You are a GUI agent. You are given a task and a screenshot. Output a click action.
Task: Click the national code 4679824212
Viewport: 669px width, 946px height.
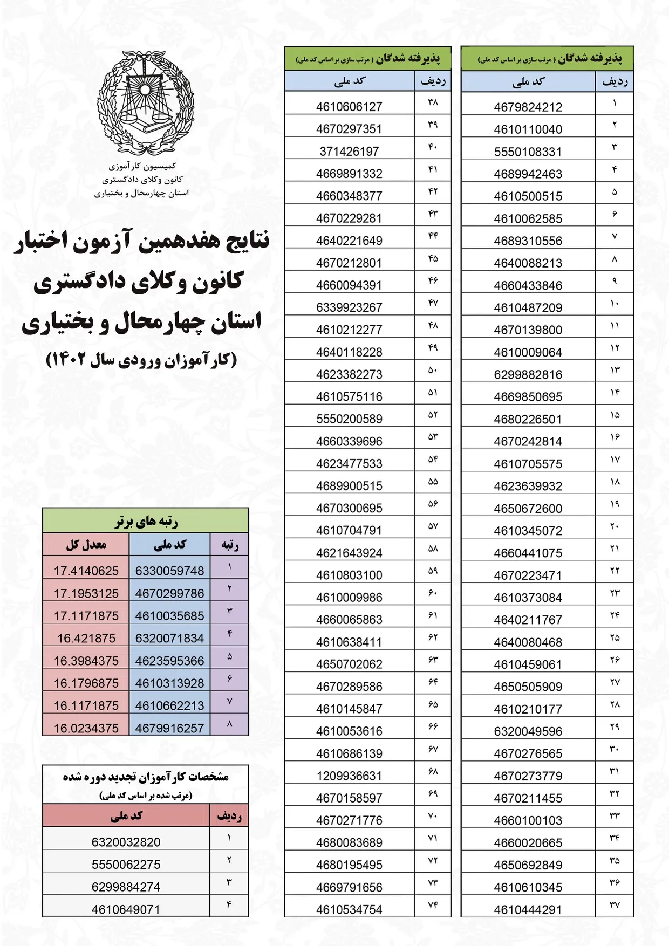[x=528, y=107]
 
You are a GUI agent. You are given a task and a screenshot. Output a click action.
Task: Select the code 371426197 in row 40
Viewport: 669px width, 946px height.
[x=349, y=152]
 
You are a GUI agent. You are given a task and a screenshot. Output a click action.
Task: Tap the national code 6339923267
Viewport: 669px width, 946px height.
[x=349, y=307]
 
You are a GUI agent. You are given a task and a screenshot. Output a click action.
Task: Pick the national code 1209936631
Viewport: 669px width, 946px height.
[x=349, y=776]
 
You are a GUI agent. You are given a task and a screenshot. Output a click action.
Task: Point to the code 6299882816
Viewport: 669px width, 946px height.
[x=528, y=375]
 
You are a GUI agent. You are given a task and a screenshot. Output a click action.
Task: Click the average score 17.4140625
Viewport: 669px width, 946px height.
[x=86, y=571]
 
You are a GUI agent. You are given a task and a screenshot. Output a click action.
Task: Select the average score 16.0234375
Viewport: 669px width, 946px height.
[x=86, y=728]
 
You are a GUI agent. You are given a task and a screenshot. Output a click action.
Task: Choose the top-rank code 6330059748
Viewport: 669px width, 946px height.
[x=169, y=571]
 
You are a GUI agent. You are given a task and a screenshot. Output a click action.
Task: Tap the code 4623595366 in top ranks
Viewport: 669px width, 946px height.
[x=169, y=661]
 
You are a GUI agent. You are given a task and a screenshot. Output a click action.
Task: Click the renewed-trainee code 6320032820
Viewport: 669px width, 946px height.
[x=126, y=842]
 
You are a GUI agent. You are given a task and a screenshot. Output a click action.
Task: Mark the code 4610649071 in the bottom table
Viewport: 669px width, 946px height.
[x=126, y=909]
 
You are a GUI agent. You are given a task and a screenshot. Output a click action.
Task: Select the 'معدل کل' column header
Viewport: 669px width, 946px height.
[x=86, y=545]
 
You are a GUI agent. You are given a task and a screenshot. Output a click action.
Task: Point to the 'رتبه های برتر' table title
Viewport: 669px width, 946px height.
[x=146, y=522]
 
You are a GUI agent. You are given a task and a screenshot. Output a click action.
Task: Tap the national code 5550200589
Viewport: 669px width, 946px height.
[x=349, y=419]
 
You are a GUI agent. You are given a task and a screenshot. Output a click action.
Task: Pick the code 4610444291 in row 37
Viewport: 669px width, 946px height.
[x=528, y=909]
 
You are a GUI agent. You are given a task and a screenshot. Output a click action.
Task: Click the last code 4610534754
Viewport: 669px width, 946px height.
[x=349, y=909]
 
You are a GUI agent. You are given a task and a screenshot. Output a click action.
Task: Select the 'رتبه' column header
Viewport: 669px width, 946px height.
[x=230, y=545]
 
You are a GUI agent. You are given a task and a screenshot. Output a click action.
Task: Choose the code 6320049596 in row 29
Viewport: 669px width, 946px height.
[x=528, y=731]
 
